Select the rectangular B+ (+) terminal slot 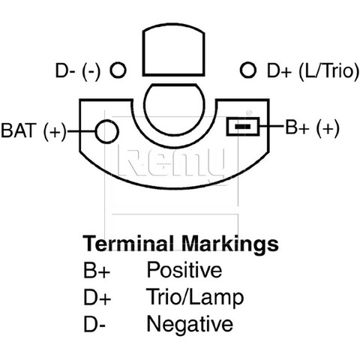[243, 127]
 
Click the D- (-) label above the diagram [78, 71]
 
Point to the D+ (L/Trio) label [313, 71]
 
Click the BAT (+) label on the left [34, 130]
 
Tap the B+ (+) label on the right [312, 128]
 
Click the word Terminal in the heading [128, 243]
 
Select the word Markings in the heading [230, 244]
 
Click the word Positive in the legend [184, 270]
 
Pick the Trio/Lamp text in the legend [195, 297]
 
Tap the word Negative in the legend [190, 324]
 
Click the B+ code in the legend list [97, 270]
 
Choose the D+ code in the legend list [97, 297]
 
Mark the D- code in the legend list [94, 324]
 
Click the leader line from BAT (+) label [82, 131]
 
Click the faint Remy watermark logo [172, 163]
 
